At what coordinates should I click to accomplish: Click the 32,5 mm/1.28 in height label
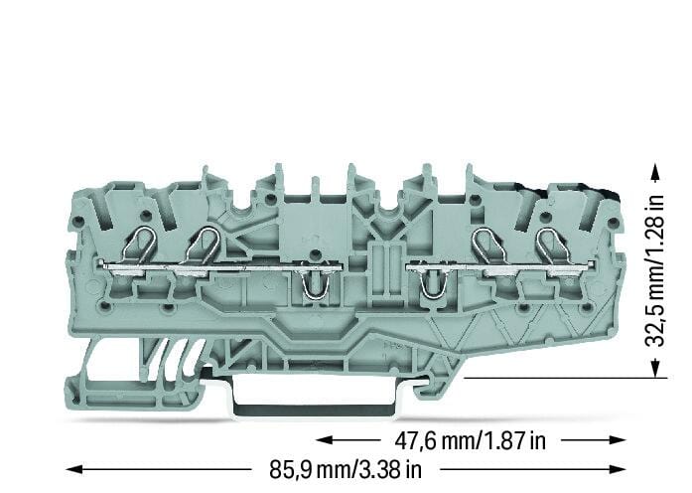(654, 270)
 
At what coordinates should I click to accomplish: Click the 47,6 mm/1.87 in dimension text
(470, 440)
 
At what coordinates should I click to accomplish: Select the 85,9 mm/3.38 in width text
(346, 469)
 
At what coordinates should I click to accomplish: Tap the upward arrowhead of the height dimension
(655, 172)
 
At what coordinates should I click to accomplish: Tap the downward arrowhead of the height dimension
(655, 369)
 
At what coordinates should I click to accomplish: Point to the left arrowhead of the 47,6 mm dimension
(325, 440)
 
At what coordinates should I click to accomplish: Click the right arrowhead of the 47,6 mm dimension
(617, 440)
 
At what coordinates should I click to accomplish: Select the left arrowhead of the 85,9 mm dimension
(74, 469)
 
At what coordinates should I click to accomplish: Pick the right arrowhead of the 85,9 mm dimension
(617, 469)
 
